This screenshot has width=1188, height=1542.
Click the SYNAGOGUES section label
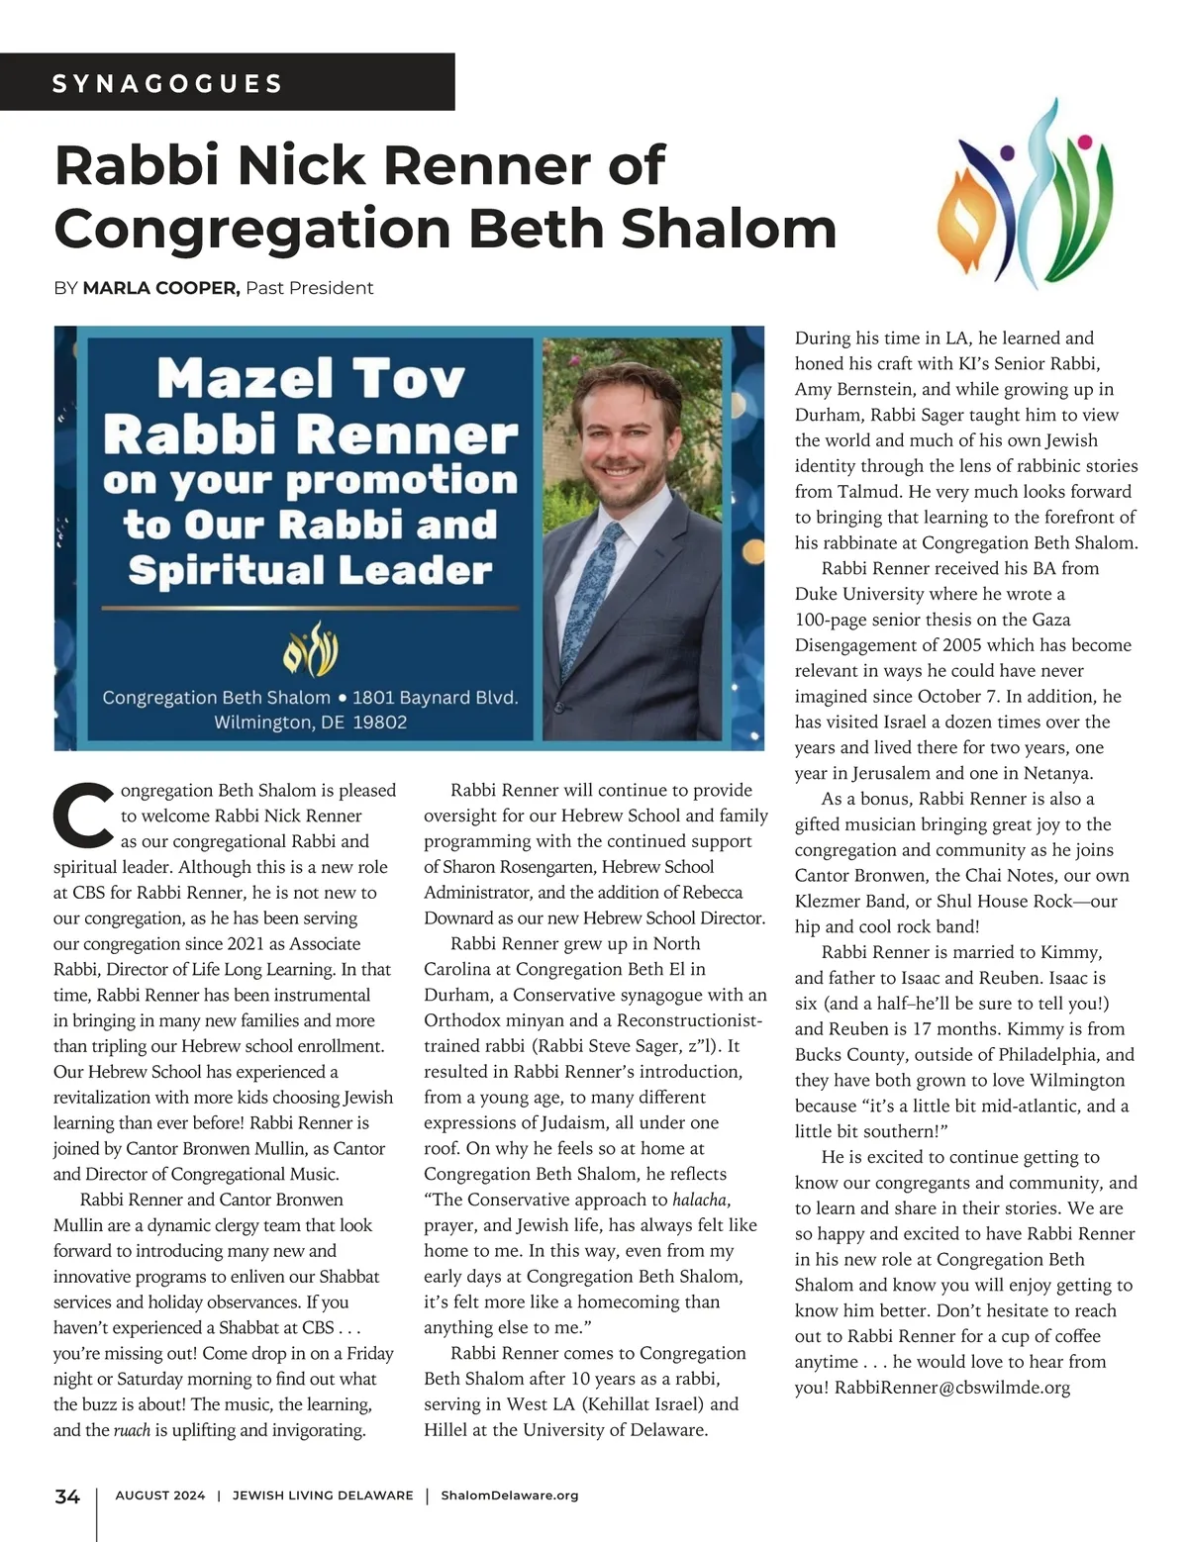[167, 83]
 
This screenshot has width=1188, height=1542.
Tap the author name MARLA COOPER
[160, 288]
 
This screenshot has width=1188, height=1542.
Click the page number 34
[67, 1496]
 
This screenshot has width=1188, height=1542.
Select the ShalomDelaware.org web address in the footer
[509, 1495]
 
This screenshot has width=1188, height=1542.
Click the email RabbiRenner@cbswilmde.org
[952, 1388]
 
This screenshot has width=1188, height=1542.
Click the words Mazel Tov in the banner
[311, 379]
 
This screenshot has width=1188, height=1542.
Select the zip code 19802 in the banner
[379, 723]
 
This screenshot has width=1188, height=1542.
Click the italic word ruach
[132, 1430]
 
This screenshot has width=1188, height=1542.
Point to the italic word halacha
[700, 1200]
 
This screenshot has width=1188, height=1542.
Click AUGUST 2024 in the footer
[160, 1495]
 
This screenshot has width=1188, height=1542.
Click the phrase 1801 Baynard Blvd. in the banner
[435, 697]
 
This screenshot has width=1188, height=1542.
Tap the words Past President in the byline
[309, 288]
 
